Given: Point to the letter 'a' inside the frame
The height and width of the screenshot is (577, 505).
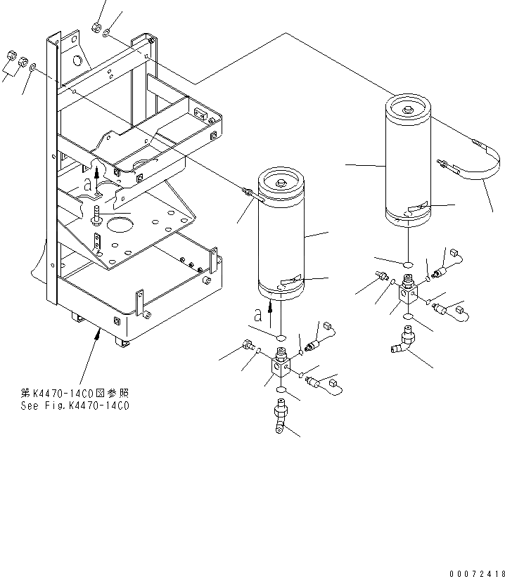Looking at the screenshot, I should (x=87, y=185).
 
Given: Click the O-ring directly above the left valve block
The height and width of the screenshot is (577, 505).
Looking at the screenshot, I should (x=279, y=339).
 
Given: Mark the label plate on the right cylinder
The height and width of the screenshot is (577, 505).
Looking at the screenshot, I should (x=421, y=207).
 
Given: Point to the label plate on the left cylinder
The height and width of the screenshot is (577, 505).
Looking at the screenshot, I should (x=291, y=282).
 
